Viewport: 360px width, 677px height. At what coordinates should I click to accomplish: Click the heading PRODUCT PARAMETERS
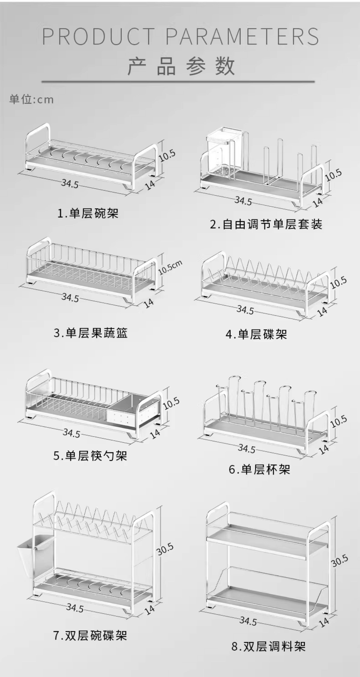click(x=180, y=36)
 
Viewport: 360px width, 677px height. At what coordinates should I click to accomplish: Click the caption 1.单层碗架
click(x=88, y=213)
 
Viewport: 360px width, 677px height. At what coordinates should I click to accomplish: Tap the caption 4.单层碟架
click(x=256, y=334)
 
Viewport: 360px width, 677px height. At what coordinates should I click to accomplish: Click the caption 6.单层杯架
click(x=259, y=469)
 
